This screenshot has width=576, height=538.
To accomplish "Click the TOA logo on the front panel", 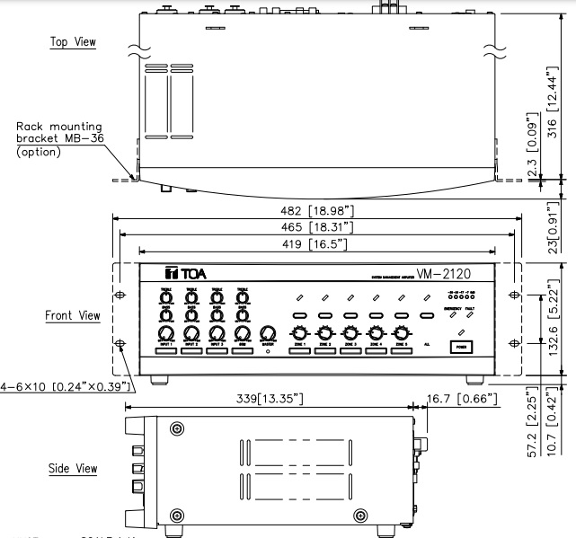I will [182, 273].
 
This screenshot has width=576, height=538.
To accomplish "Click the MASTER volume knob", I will [267, 335].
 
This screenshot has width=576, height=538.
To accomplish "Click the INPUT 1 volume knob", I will [166, 334].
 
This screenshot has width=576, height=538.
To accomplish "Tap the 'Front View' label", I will [72, 316].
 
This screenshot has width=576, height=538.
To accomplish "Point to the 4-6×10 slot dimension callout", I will [67, 387].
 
